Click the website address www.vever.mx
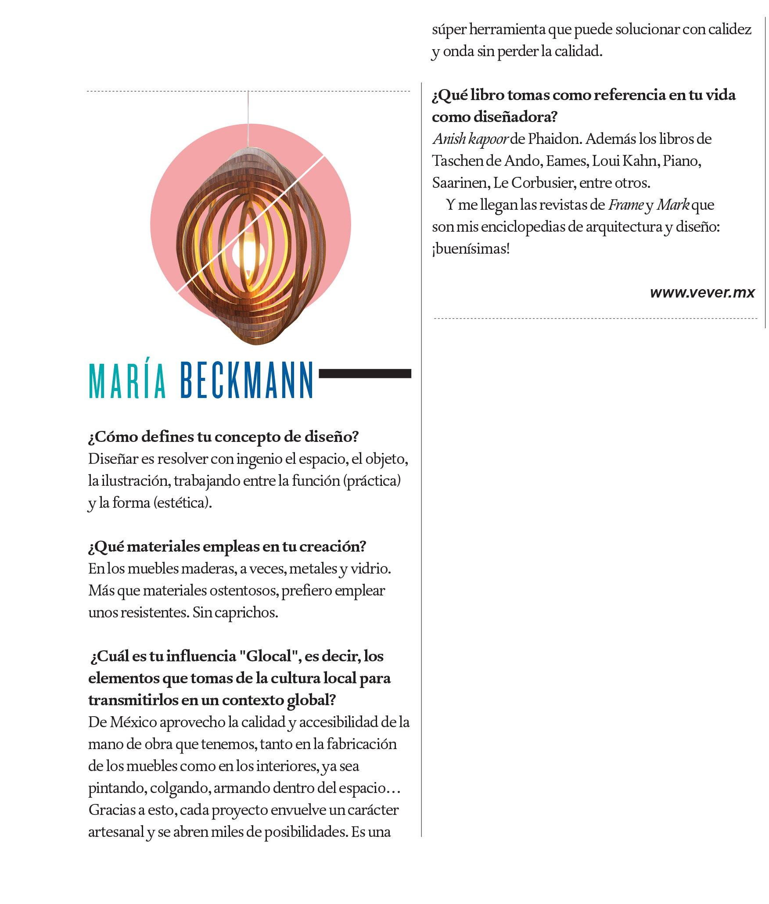(x=702, y=292)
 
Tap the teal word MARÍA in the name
(x=127, y=380)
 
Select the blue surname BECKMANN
(x=247, y=380)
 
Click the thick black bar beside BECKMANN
(x=365, y=373)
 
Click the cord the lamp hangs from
(x=248, y=118)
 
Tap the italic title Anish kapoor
(x=470, y=139)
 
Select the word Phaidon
(x=555, y=139)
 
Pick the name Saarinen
(x=460, y=183)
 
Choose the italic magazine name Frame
(x=625, y=205)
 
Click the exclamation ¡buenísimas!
(x=471, y=249)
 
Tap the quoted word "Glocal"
(x=269, y=656)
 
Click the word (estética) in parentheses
(x=182, y=502)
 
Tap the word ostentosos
(x=244, y=590)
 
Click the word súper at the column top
(x=449, y=30)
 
